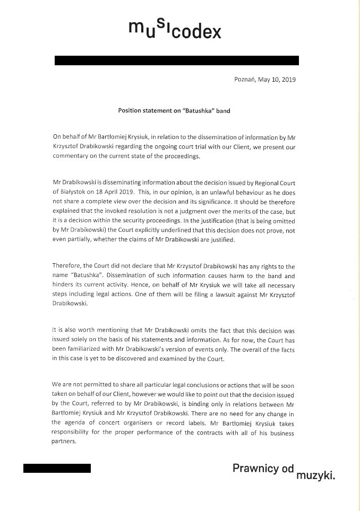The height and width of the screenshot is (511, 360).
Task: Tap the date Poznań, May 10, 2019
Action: tap(264, 81)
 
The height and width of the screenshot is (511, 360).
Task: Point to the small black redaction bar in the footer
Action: tap(57, 469)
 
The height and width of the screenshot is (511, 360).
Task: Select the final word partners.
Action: tap(67, 439)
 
